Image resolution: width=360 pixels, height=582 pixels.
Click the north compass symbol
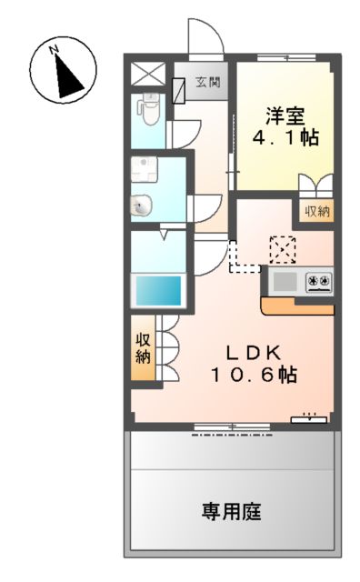click(64, 71)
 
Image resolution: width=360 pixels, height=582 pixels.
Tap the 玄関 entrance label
click(207, 84)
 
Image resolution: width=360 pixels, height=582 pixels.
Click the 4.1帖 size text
click(285, 139)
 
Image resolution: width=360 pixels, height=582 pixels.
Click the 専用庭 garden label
click(232, 512)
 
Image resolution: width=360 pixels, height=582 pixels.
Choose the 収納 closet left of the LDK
click(143, 347)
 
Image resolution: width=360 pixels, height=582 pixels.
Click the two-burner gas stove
click(318, 281)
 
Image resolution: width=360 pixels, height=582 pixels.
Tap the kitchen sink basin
click(285, 281)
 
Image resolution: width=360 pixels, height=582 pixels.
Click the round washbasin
click(140, 206)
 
